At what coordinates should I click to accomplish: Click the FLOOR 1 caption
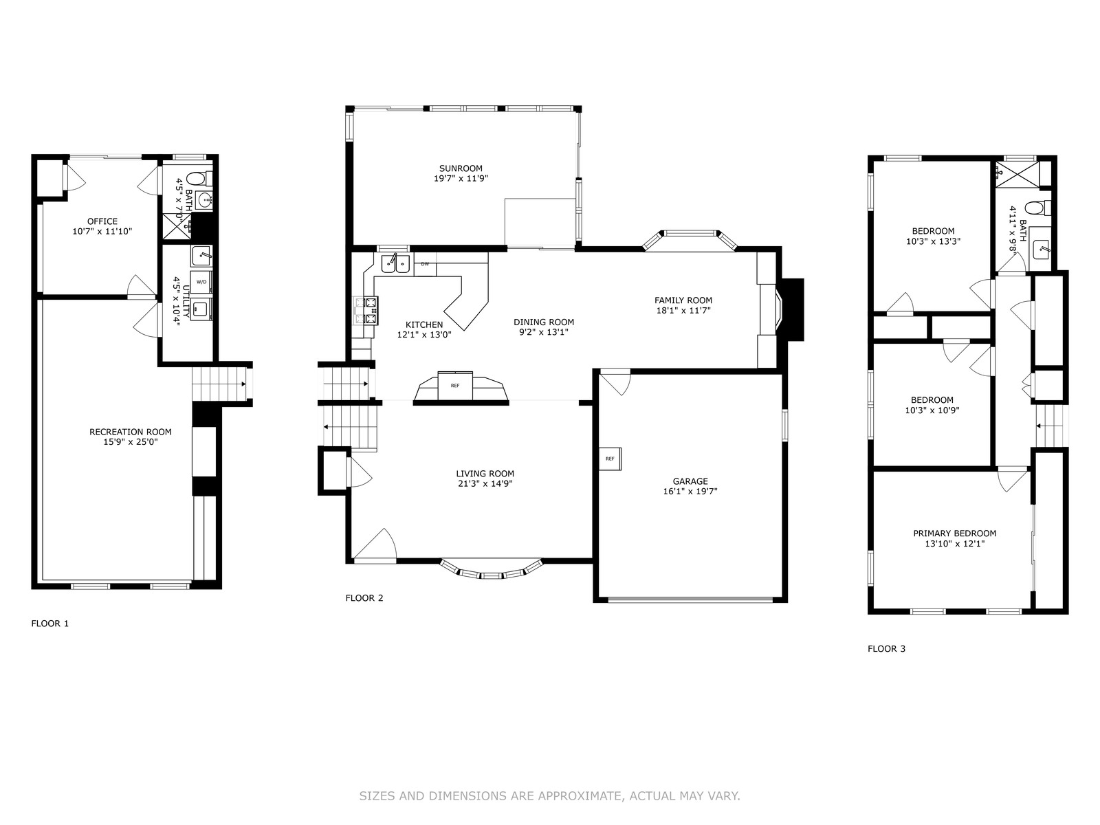[49, 624]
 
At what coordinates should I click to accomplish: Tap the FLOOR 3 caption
[886, 649]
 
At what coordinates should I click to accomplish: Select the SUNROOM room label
[461, 168]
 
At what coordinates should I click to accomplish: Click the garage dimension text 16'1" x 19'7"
[690, 492]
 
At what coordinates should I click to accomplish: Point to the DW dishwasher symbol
[425, 264]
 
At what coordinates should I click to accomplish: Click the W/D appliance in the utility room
[201, 281]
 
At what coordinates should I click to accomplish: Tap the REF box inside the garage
[610, 459]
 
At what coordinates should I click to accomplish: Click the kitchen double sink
[395, 263]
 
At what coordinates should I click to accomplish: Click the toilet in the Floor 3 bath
[1037, 208]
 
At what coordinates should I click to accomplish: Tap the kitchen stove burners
[366, 310]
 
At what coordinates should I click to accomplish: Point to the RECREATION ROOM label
[131, 432]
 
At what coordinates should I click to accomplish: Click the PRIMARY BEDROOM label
[955, 533]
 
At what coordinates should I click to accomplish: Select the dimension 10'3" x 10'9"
[932, 410]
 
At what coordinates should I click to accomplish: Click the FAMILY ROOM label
[683, 300]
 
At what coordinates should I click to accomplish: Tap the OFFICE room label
[102, 221]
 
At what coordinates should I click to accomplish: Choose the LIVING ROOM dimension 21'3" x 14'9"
[485, 483]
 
